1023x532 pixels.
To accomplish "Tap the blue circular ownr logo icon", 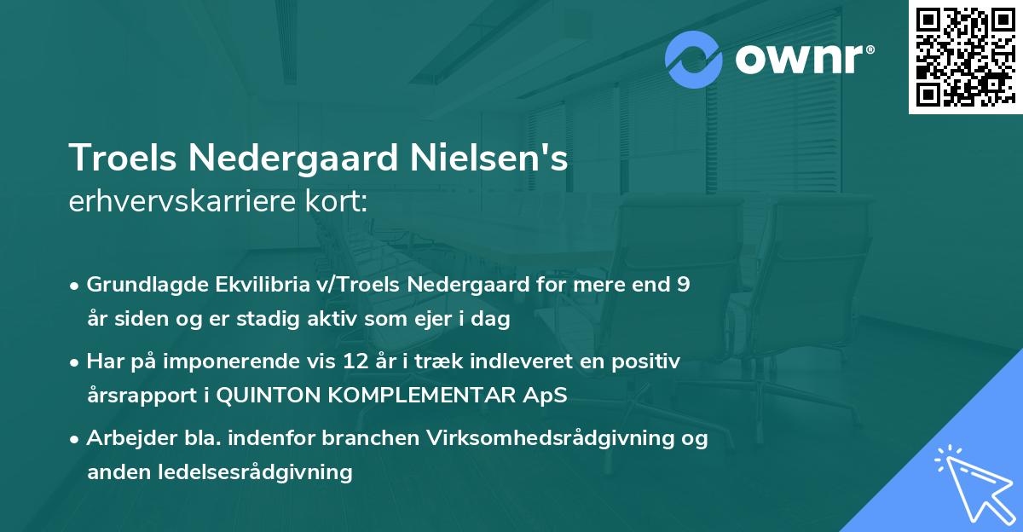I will (693, 60).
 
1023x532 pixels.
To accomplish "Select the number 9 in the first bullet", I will (683, 285).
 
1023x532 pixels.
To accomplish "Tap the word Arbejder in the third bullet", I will (123, 438).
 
